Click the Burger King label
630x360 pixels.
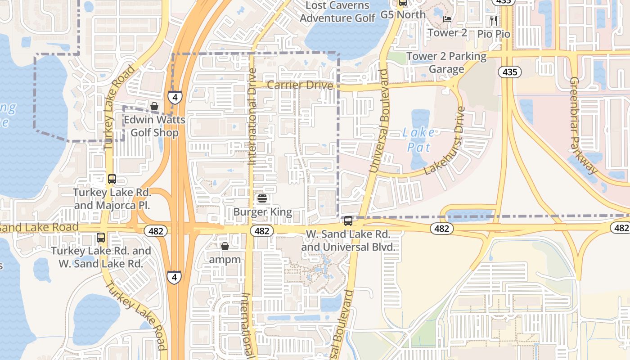click(263, 212)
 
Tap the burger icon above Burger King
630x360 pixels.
click(262, 198)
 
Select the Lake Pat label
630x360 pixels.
click(418, 139)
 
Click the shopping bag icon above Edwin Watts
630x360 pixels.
click(154, 107)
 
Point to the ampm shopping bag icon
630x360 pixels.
click(225, 247)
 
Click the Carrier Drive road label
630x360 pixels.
click(300, 85)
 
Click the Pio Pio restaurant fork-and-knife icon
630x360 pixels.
click(494, 20)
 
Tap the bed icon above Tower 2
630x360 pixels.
click(447, 19)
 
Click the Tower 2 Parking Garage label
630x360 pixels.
click(446, 63)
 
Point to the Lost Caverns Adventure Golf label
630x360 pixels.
click(337, 12)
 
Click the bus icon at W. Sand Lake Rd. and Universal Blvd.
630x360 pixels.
click(348, 221)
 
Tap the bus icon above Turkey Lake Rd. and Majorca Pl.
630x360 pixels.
click(112, 179)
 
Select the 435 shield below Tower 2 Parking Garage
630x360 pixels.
click(509, 72)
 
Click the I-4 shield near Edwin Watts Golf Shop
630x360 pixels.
click(175, 97)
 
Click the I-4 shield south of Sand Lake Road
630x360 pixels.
click(174, 277)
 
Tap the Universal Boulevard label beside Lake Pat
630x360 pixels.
click(378, 121)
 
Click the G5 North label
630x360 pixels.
click(403, 14)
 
